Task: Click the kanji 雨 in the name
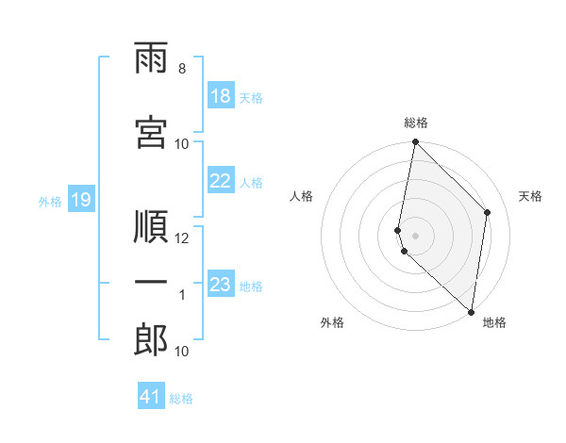click(151, 61)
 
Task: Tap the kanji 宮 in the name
click(151, 134)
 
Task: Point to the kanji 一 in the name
click(151, 282)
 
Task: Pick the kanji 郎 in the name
click(151, 340)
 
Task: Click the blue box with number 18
click(221, 96)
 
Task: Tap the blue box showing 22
click(221, 182)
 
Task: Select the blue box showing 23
click(221, 285)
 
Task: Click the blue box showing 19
click(80, 200)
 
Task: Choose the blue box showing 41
click(151, 397)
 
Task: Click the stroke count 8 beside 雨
click(181, 69)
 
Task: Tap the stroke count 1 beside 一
click(182, 295)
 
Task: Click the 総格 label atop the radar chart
click(416, 123)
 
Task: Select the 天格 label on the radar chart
click(530, 196)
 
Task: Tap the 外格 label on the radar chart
click(332, 322)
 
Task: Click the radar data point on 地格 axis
click(471, 312)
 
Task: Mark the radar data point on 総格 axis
click(415, 142)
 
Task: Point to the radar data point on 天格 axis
click(488, 212)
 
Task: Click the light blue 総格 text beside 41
click(181, 399)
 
